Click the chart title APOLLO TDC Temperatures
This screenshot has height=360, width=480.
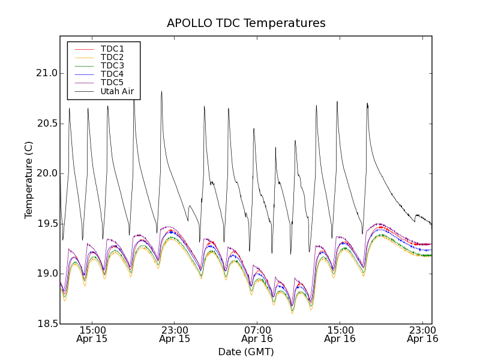(246, 23)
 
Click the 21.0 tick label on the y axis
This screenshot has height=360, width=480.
(46, 73)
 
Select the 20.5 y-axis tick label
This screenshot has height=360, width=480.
(46, 124)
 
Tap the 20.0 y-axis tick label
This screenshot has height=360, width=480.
(46, 173)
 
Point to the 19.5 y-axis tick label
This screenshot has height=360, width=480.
(46, 224)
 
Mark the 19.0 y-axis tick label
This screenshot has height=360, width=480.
(46, 274)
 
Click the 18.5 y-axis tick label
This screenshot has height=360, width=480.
(46, 324)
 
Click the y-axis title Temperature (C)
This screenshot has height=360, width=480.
(29, 180)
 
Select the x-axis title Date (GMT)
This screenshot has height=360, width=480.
(246, 352)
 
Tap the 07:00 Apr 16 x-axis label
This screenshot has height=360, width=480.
(257, 334)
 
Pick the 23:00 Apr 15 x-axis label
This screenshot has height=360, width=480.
(175, 334)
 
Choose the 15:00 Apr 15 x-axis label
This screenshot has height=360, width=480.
(92, 334)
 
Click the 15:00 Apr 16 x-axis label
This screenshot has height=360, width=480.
(340, 334)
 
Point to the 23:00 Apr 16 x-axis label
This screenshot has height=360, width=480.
(422, 334)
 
